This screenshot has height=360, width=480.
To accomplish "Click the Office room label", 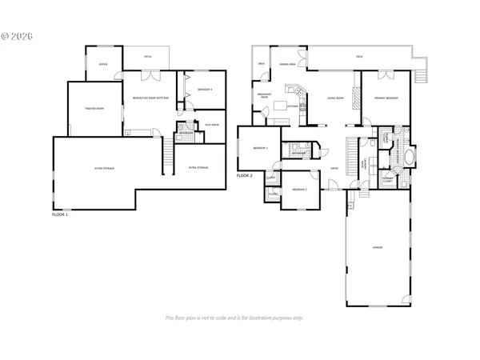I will pos(104,64).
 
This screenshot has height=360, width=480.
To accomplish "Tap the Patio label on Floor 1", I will pos(148,57).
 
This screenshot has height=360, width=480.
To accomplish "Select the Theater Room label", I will pos(95,107).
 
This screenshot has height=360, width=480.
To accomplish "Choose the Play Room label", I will pos(212,126).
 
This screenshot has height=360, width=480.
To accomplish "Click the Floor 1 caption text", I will pos(60,215).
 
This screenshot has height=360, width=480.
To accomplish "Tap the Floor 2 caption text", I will pos(245,175).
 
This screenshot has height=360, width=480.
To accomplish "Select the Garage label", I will pos(377,247).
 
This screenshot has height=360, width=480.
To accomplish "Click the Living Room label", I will pos(335,99).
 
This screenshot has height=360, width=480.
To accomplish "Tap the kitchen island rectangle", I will pos(280,105).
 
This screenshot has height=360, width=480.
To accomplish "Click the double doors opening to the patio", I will pos(152,76).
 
